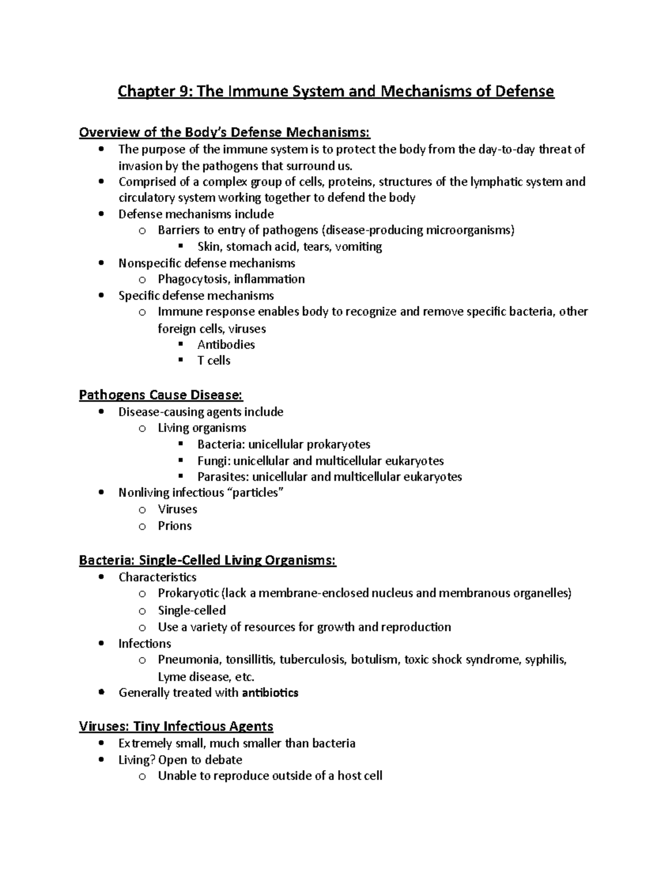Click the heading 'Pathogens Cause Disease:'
point(161,395)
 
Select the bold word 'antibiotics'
point(270,693)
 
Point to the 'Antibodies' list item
point(226,345)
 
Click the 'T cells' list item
point(213,360)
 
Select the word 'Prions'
point(175,525)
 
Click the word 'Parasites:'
point(223,477)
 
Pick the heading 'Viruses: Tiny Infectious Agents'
point(176,727)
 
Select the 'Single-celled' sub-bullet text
point(192,610)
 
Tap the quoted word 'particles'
point(258,492)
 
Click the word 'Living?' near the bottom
point(137,760)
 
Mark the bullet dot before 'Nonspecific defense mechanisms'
point(101,263)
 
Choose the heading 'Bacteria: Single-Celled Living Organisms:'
point(207,560)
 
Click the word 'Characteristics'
point(157,577)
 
